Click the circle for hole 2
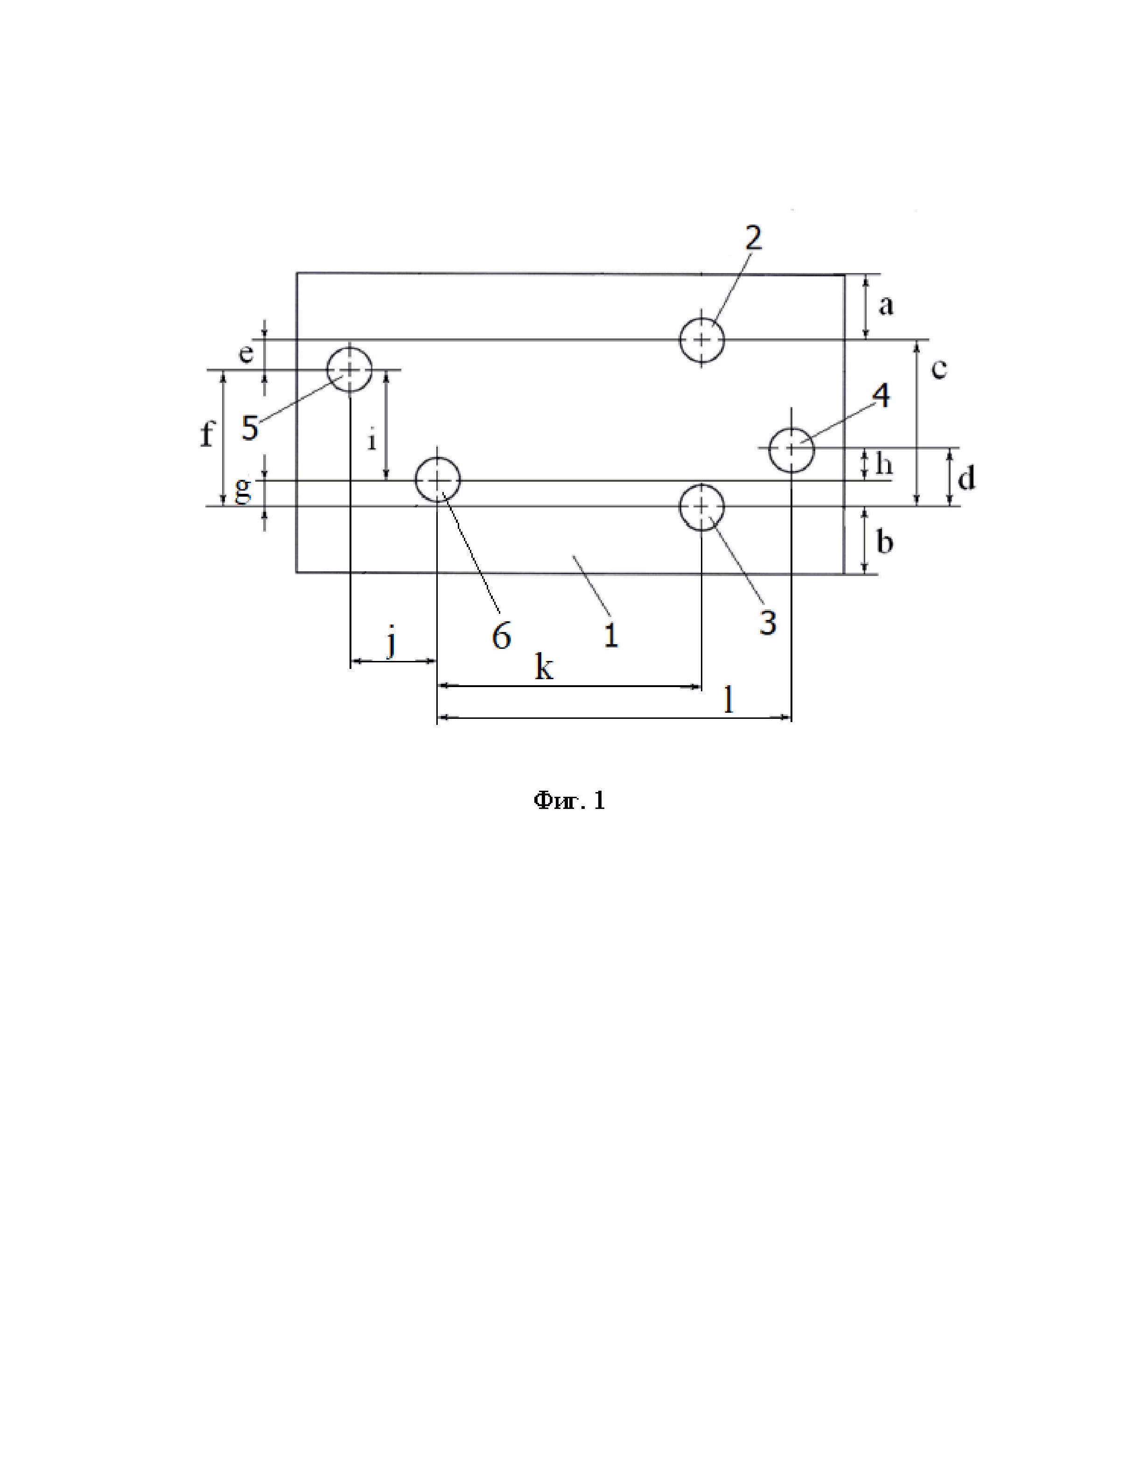[702, 339]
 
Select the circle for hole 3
[702, 507]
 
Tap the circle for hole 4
[791, 449]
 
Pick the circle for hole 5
[350, 370]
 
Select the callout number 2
[753, 238]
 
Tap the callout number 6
[501, 637]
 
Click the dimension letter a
[885, 307]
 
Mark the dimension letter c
[938, 370]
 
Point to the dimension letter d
[966, 478]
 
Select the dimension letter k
[543, 668]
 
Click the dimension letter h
[884, 465]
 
